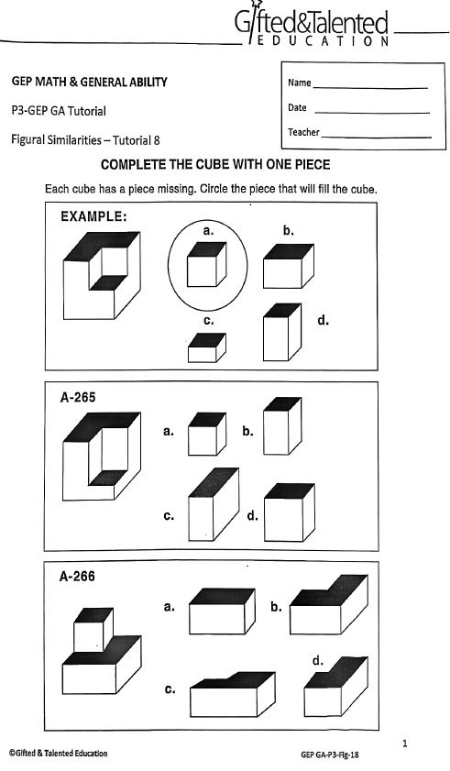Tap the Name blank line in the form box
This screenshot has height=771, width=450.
click(x=370, y=86)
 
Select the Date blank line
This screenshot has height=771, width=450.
click(x=370, y=112)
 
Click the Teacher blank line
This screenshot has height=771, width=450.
click(x=376, y=137)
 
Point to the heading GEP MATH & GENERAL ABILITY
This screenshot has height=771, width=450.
click(x=89, y=83)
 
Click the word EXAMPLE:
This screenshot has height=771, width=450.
click(x=93, y=217)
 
